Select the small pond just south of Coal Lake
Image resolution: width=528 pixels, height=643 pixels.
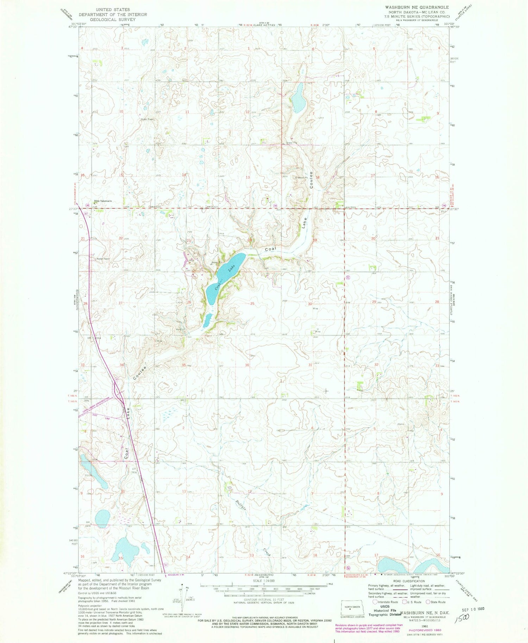click(207, 320)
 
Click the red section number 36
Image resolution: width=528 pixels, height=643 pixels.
click(247, 365)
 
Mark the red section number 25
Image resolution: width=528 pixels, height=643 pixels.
click(252, 303)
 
